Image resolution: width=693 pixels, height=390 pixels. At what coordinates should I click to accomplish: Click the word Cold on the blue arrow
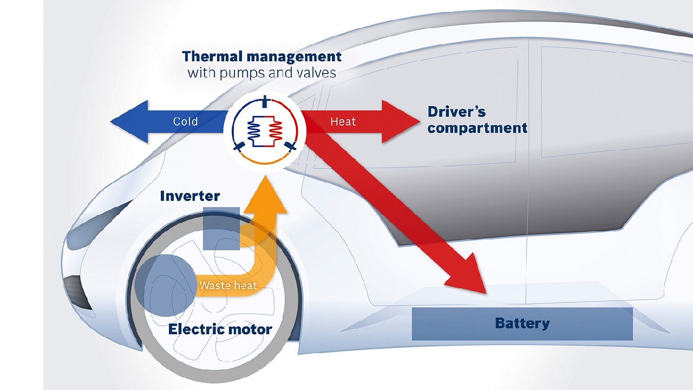[185, 121]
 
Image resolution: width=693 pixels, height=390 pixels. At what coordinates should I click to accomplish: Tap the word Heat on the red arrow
[343, 121]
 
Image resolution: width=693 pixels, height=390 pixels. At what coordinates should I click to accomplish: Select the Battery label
[522, 324]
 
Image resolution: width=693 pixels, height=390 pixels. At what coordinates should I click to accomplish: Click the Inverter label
[189, 196]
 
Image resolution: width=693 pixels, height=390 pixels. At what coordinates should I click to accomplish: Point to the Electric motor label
[220, 329]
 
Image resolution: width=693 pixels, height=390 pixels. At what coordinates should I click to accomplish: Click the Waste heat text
[227, 285]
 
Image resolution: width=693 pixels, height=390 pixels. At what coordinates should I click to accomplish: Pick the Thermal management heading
[261, 56]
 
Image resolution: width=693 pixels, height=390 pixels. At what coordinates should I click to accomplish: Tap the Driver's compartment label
[477, 120]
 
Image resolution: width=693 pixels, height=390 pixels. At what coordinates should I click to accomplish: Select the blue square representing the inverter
[221, 227]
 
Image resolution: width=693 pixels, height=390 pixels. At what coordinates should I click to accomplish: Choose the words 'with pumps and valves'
[261, 73]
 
